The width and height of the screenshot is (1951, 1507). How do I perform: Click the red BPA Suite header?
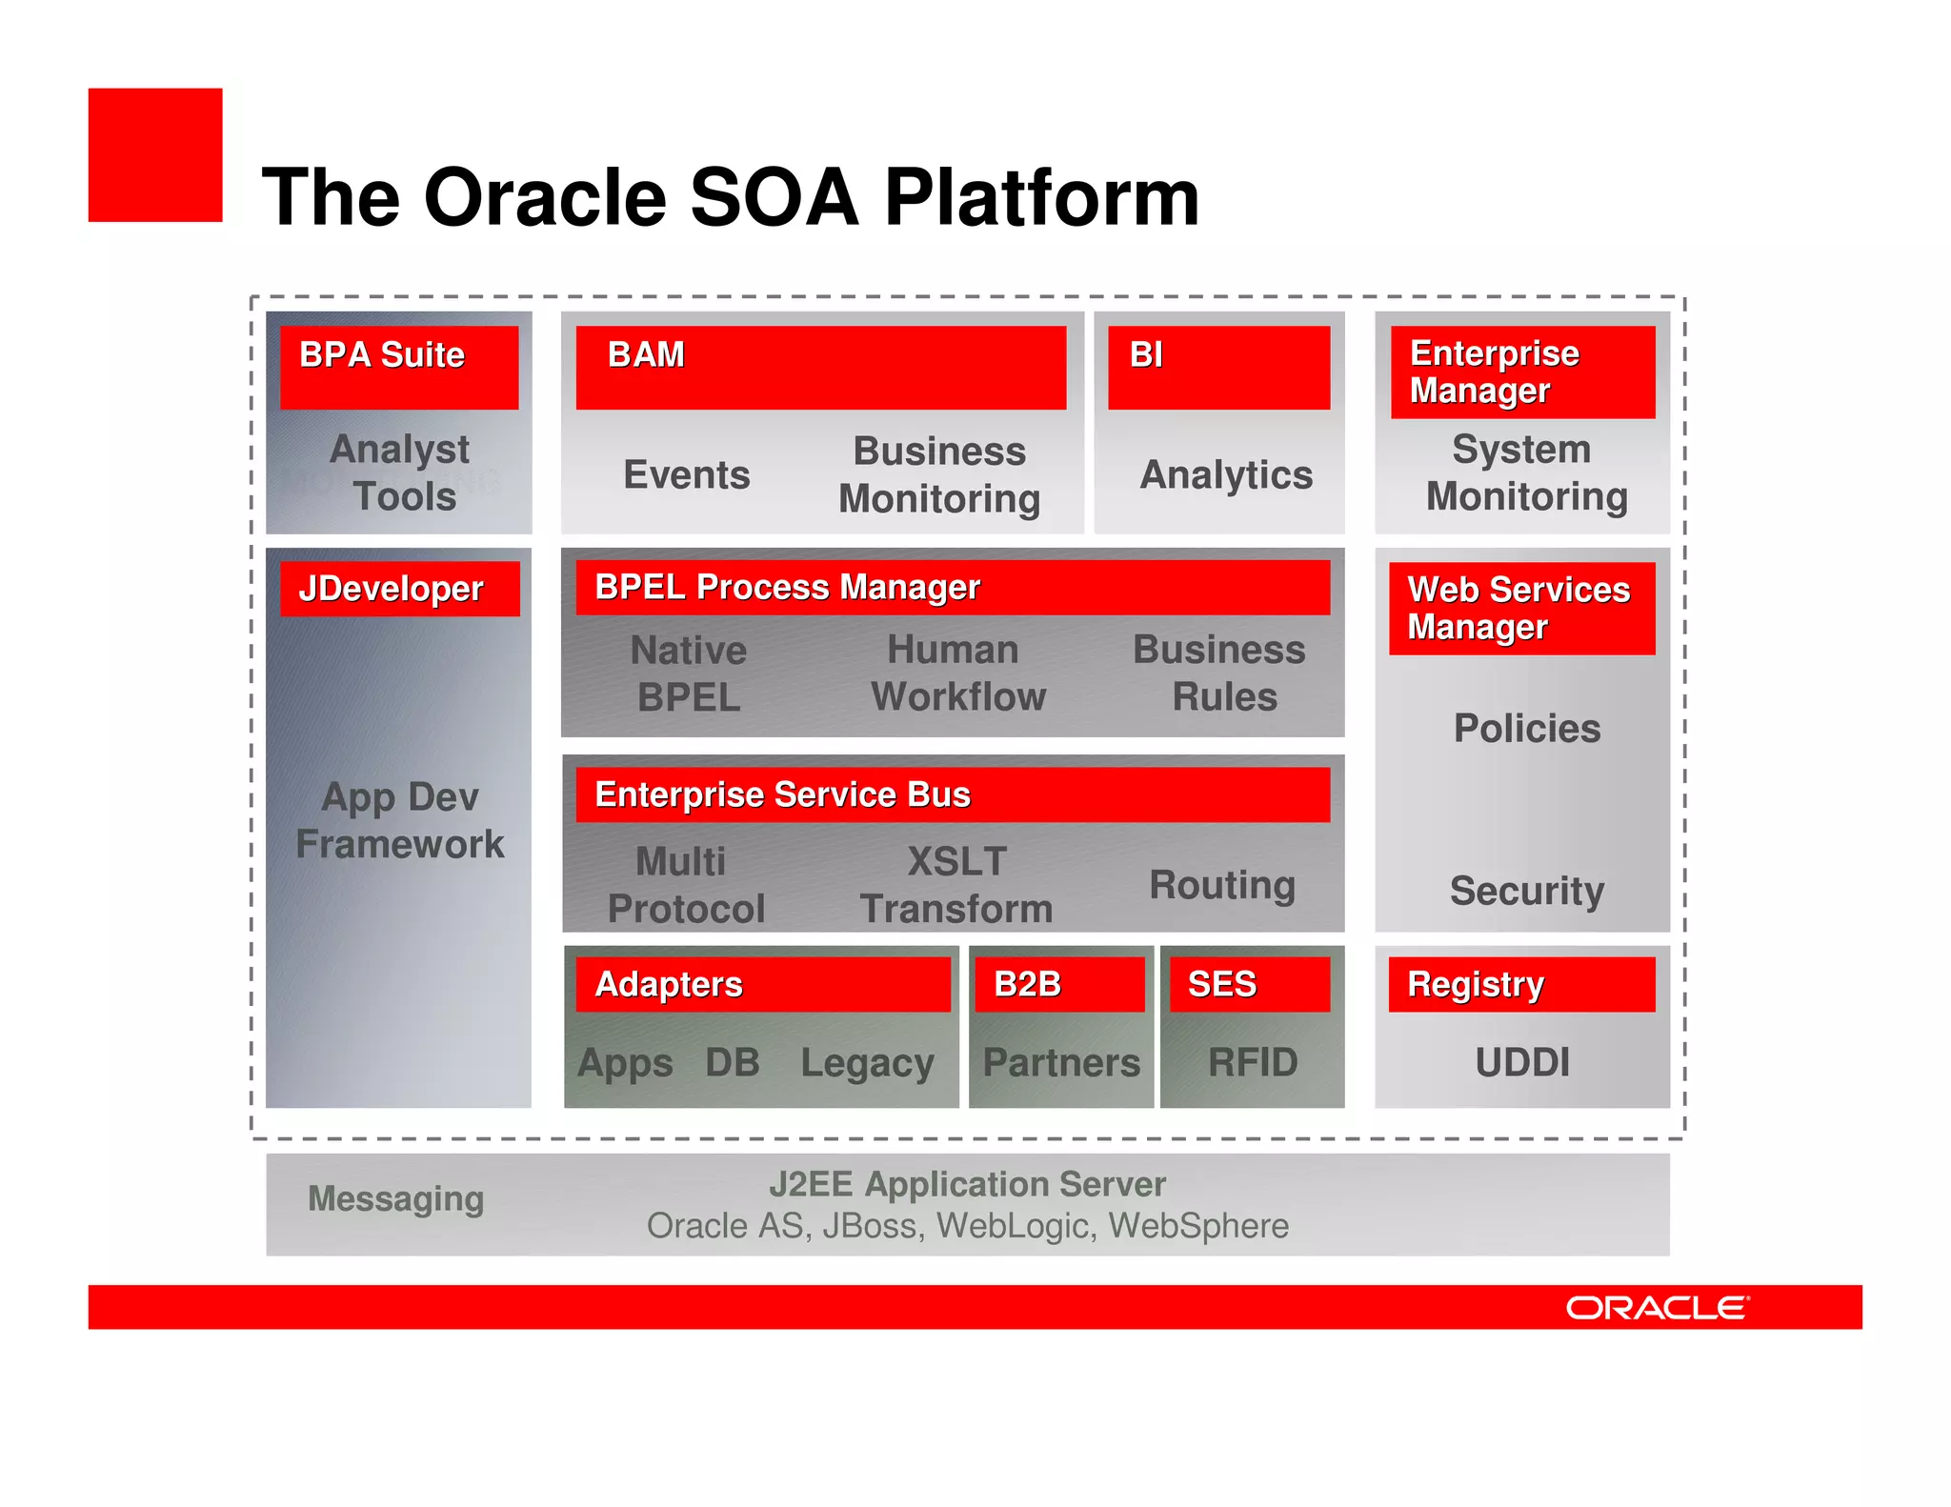[x=399, y=367]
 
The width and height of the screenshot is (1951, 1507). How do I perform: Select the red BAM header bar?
[x=820, y=367]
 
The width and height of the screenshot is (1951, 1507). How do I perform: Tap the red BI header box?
[x=1218, y=367]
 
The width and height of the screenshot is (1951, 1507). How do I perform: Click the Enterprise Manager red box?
[x=1522, y=372]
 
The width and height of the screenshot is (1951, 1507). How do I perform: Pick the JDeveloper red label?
[x=400, y=589]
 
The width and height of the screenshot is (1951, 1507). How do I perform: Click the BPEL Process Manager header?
[x=953, y=587]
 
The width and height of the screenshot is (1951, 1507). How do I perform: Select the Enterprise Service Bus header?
[x=953, y=794]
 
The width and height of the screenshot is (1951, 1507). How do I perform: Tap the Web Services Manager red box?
[x=1521, y=608]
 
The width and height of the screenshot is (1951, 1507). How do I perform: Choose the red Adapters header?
[x=763, y=984]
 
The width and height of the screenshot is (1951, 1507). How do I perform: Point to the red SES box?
[x=1250, y=984]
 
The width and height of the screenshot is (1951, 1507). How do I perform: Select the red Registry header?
[x=1521, y=984]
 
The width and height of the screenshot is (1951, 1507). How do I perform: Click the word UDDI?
[x=1522, y=1062]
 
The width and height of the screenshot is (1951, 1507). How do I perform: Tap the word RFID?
[x=1253, y=1062]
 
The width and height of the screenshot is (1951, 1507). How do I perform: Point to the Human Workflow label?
[x=957, y=673]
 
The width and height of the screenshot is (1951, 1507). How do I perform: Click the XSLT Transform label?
[x=956, y=885]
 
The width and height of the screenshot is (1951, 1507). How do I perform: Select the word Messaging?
[x=396, y=1198]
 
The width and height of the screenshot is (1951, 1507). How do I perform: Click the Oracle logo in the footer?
[x=1658, y=1308]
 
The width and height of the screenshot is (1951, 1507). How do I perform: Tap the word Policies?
[x=1527, y=729]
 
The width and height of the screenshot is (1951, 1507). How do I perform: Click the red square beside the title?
[x=155, y=155]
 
